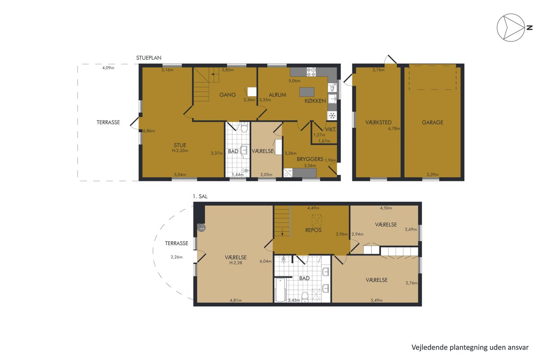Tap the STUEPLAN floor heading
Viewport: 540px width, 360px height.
point(149,58)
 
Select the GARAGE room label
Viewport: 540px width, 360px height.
point(432,122)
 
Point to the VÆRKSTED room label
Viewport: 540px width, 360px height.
point(378,122)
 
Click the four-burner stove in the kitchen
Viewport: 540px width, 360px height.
point(311,72)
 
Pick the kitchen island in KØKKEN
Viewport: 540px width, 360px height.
point(306,92)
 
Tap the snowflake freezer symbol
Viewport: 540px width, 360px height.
point(333,116)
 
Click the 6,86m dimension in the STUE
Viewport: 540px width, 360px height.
point(149,131)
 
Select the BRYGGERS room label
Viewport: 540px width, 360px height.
point(310,159)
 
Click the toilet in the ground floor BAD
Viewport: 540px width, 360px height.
point(244,128)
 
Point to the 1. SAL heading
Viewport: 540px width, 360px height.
point(200,197)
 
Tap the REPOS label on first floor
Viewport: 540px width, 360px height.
point(313,230)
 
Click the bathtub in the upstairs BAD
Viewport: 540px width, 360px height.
point(280,290)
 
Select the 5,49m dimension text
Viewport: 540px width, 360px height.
point(377,301)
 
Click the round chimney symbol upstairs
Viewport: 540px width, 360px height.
point(201,228)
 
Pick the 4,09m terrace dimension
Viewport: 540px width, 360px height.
point(108,68)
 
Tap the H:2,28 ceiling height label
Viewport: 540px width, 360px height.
point(236,263)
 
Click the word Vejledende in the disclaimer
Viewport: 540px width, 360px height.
point(425,347)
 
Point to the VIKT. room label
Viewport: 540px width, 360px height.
point(330,130)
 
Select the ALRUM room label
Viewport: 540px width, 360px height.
point(277,95)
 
